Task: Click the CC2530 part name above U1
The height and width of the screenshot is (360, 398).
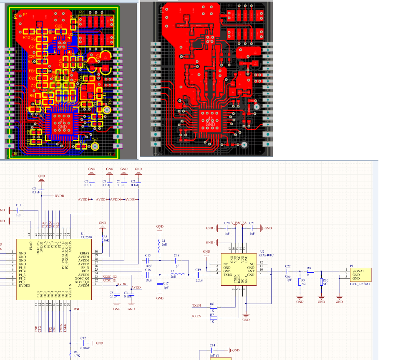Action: (x=86, y=237)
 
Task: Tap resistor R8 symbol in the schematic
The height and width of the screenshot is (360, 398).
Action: (x=310, y=271)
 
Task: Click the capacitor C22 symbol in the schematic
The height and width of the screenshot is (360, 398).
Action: (x=287, y=271)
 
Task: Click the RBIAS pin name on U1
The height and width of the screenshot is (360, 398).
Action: (x=85, y=253)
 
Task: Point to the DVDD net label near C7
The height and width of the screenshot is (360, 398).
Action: (x=59, y=196)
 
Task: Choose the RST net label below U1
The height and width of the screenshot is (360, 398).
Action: (x=76, y=309)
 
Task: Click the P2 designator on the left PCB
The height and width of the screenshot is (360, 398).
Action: (x=81, y=12)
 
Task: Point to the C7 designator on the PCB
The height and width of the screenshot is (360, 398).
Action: (x=82, y=141)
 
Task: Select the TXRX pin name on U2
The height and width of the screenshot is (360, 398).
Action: (x=228, y=274)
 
